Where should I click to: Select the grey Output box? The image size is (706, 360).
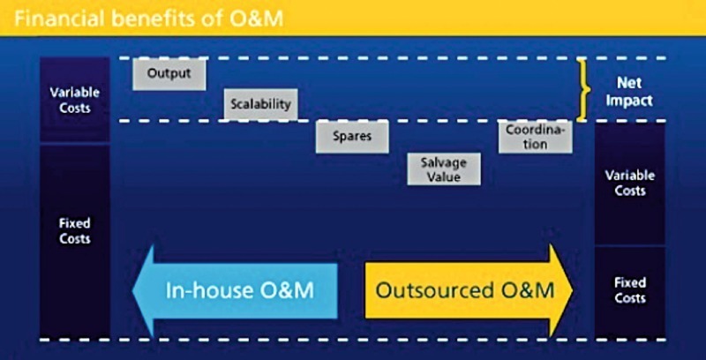(169, 73)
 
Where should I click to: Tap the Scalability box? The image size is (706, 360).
(260, 104)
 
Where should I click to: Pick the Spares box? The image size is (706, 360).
(351, 137)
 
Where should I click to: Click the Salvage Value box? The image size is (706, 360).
(444, 169)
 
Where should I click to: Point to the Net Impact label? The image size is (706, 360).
(628, 91)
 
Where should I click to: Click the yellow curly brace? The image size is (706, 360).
(582, 89)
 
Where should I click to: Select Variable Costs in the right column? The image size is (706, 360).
(629, 183)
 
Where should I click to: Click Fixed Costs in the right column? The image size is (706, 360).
(629, 290)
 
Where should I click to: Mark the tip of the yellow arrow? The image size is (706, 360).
(571, 290)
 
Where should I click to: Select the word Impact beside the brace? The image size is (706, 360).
(628, 101)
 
